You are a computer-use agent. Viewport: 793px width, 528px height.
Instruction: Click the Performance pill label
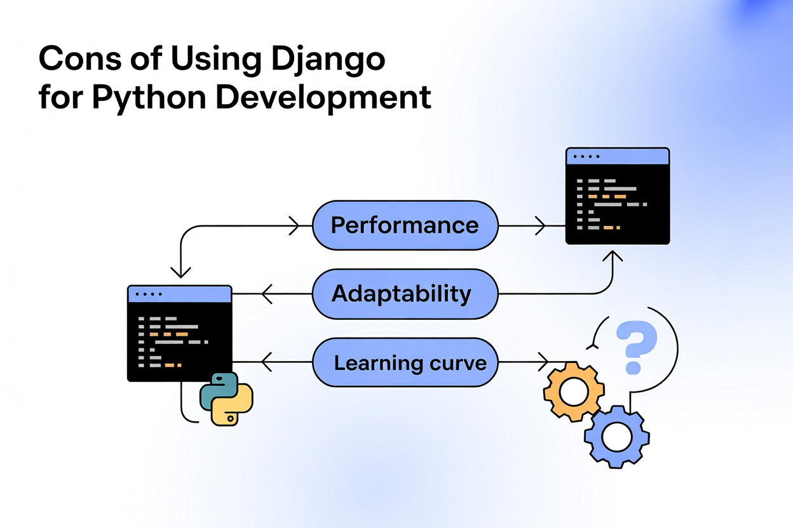point(405,225)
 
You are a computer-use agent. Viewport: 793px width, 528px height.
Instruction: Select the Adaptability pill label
point(402,294)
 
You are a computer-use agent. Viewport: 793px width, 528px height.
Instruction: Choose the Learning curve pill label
point(410,363)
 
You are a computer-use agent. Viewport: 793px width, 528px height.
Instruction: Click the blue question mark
point(637,346)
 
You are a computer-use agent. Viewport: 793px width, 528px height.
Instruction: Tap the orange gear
point(574,391)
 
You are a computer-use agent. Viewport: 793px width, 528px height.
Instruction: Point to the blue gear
point(616,437)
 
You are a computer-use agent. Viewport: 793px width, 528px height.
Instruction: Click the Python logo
point(226,399)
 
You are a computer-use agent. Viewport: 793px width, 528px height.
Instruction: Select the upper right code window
point(618,196)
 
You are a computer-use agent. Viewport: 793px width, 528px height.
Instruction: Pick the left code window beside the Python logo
point(180,333)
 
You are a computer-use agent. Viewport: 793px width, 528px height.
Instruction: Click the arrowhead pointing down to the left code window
point(181,272)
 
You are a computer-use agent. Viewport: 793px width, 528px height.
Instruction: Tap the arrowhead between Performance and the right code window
point(539,225)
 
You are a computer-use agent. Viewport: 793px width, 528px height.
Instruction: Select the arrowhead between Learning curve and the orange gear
point(543,362)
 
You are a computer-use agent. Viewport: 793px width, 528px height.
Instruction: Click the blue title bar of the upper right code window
point(618,156)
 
